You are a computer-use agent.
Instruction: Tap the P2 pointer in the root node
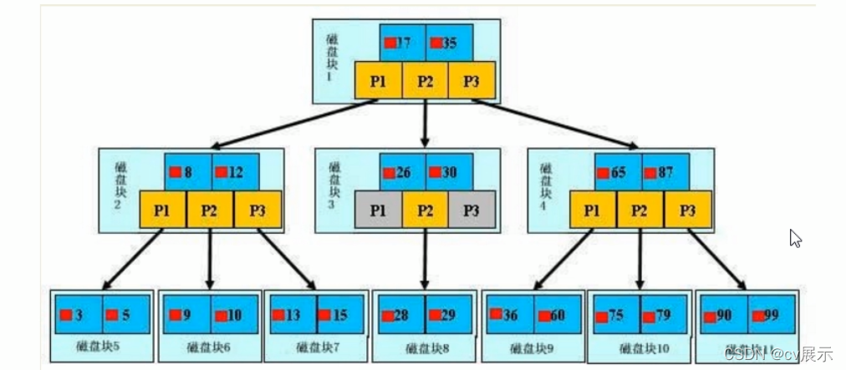click(426, 80)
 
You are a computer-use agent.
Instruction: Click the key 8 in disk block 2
click(188, 172)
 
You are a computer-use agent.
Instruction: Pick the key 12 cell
click(235, 172)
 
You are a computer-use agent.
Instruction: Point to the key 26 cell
click(403, 173)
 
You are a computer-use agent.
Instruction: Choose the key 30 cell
click(450, 173)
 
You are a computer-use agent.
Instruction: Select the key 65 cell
click(618, 173)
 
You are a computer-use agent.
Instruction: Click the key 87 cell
click(665, 173)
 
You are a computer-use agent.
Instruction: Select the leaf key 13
click(293, 315)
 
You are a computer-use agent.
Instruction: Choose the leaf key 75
click(617, 316)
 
